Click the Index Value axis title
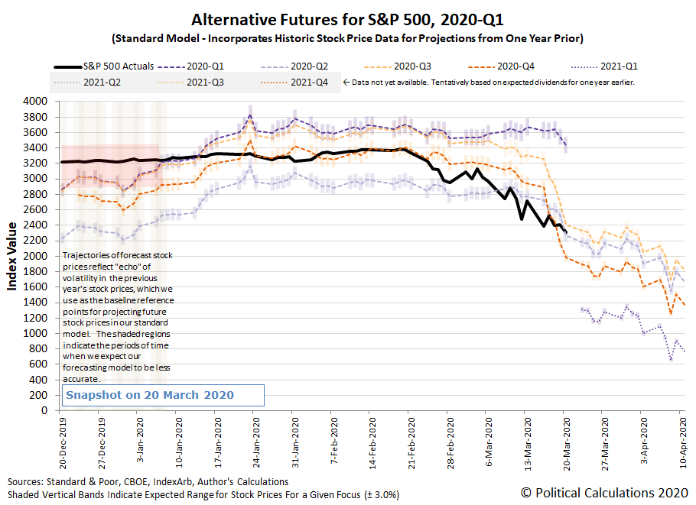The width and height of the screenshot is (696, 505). (13, 256)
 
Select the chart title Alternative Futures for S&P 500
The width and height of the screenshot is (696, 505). (347, 18)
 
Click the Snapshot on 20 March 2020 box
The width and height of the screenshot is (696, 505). (163, 395)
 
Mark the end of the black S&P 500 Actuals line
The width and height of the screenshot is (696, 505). (566, 232)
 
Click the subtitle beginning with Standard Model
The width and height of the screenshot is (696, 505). (347, 37)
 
